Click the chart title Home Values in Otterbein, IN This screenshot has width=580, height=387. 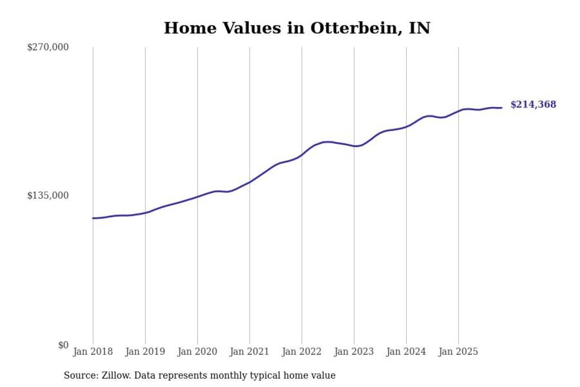click(297, 28)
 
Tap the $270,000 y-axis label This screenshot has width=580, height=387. click(48, 47)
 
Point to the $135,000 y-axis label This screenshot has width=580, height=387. click(48, 196)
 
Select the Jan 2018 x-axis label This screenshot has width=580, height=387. click(93, 352)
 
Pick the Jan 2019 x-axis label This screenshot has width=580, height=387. click(145, 352)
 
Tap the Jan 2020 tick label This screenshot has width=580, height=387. click(198, 352)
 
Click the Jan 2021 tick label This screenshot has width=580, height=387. click(250, 352)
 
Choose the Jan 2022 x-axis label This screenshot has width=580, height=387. click(302, 352)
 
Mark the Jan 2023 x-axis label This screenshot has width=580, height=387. click(354, 352)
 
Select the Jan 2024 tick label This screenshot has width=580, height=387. click(406, 352)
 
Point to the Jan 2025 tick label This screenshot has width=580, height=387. click(459, 352)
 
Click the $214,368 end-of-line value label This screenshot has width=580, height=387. click(533, 105)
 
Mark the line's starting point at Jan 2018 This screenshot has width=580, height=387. click(93, 218)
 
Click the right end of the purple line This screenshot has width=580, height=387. click(501, 108)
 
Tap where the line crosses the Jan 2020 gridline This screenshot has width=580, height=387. click(198, 196)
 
